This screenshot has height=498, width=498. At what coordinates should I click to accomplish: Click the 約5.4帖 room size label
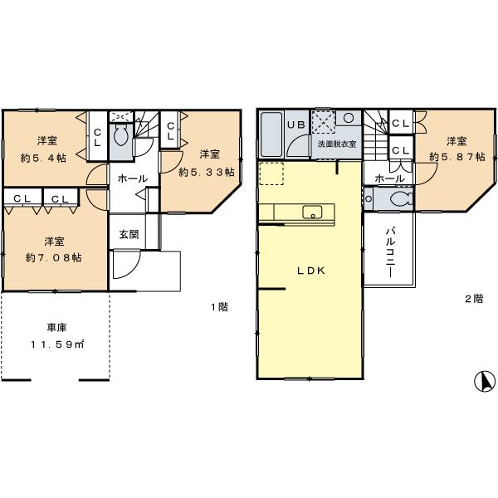click(x=43, y=157)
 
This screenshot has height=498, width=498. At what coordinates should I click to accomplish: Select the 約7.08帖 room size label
click(x=53, y=257)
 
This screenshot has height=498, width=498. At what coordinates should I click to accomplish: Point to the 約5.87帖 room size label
click(x=453, y=158)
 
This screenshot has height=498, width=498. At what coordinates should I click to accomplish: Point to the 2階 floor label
click(x=473, y=298)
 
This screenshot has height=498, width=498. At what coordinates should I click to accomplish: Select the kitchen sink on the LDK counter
click(x=313, y=212)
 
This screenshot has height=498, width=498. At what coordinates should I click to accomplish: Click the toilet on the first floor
click(x=120, y=135)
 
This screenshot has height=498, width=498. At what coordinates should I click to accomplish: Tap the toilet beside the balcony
click(x=397, y=199)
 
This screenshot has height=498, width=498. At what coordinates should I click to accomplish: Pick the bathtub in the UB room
click(x=271, y=135)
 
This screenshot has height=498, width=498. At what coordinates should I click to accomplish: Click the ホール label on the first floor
click(x=132, y=178)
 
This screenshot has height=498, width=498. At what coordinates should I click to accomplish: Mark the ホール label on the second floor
click(x=389, y=178)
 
